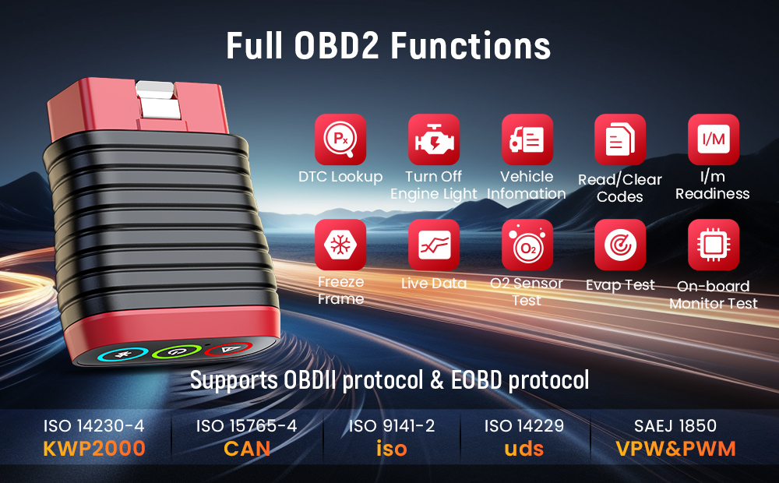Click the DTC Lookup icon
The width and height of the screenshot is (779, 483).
pos(340,139)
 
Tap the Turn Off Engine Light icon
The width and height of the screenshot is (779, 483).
pos(434,139)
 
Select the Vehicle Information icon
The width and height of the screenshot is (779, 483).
pos(527,139)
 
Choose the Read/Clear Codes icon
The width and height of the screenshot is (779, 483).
pos(620,139)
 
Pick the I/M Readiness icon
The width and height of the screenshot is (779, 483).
pos(714,139)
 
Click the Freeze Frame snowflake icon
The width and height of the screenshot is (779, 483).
pos(340,245)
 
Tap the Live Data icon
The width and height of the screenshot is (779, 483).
pos(434,245)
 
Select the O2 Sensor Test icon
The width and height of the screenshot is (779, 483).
pos(527,245)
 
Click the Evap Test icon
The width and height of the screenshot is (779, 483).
pos(620,245)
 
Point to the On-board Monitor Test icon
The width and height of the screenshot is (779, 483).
pos(714,245)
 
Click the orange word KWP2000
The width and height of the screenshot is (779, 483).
pos(94,449)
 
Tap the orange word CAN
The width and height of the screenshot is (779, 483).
pos(247,449)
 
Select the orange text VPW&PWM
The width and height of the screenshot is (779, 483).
pos(676,449)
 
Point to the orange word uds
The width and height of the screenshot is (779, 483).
pos(523,449)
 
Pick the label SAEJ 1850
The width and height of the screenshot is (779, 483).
pos(676,426)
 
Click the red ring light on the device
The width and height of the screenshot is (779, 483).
pos(227,350)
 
